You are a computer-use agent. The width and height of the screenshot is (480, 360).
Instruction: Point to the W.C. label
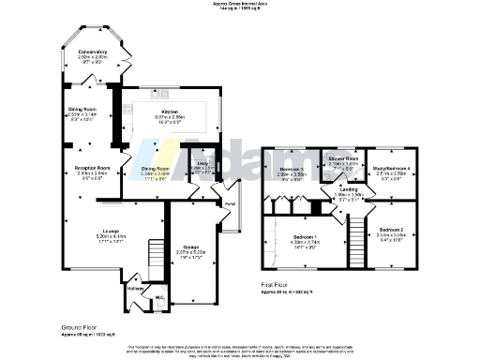tap(160, 298)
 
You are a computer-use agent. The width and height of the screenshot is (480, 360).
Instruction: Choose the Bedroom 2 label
tap(392, 230)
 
